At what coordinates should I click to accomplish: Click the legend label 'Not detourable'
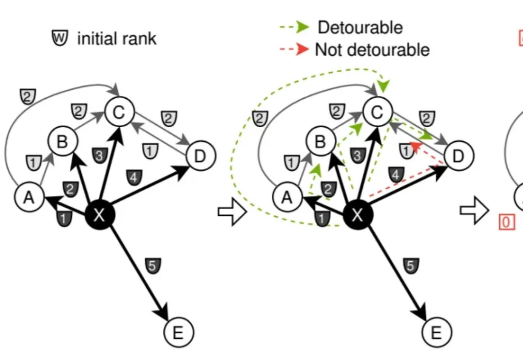point(372,49)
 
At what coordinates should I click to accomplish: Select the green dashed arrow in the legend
point(295,28)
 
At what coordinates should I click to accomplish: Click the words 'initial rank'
point(117,38)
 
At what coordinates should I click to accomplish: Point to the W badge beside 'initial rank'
point(60,38)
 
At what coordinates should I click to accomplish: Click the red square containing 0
point(506,222)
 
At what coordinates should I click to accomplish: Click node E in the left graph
point(179,332)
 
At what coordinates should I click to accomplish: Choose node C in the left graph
point(119,113)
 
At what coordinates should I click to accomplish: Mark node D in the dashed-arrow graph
point(459,156)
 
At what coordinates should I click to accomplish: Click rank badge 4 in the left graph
point(134,177)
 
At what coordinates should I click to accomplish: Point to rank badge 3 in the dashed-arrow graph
point(357,156)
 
